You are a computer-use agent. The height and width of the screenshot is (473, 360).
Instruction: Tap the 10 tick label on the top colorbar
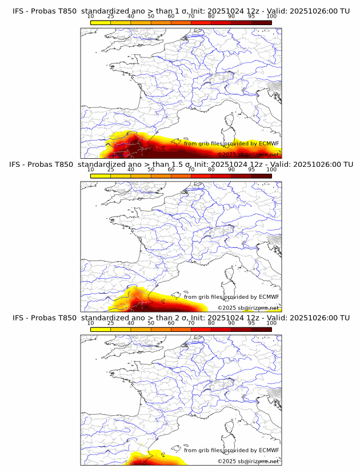[x=91, y=17]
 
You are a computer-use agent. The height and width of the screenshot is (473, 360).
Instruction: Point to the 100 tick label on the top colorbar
[x=271, y=17]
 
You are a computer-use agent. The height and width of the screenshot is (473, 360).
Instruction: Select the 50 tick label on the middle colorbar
[x=151, y=170]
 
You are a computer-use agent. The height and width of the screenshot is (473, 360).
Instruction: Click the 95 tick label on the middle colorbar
[x=251, y=170]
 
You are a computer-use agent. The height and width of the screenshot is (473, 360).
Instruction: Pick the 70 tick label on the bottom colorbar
[x=191, y=323]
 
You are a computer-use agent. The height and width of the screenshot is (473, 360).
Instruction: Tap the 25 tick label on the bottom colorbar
[x=111, y=323]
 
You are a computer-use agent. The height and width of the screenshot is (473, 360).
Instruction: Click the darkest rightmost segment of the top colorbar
[x=261, y=22]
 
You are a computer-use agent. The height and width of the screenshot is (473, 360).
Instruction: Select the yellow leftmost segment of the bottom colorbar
[x=101, y=329]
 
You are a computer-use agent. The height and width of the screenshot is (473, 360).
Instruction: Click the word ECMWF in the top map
[x=269, y=144]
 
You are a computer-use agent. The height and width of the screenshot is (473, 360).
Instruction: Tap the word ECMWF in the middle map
[x=269, y=297]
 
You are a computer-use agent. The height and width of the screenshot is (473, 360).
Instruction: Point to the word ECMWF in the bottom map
[x=269, y=451]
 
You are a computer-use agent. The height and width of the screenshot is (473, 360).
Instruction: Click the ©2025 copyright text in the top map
[x=227, y=155]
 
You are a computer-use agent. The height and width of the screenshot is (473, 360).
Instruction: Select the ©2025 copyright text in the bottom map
[x=227, y=461]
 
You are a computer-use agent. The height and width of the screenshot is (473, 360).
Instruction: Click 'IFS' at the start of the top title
[x=18, y=11]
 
